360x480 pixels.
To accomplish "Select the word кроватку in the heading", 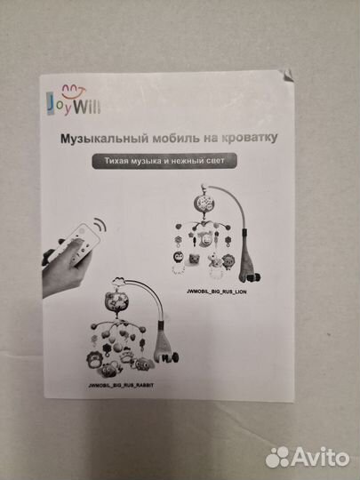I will (255, 139).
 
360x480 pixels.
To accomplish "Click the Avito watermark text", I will (320, 455).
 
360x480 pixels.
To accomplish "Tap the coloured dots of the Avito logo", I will (278, 455).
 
